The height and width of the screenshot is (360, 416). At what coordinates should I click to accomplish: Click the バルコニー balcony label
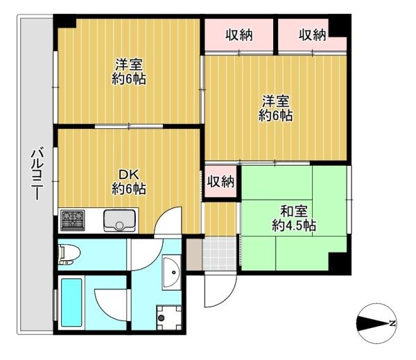37,173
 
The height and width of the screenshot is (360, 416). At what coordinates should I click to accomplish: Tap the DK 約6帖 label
129,182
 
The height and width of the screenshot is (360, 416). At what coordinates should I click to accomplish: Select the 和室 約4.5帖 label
294,218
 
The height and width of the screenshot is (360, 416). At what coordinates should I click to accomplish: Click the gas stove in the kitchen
72,220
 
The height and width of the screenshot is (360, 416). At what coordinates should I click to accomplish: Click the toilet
69,255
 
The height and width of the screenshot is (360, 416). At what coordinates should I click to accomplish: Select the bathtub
71,302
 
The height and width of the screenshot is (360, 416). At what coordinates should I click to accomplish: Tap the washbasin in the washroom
172,272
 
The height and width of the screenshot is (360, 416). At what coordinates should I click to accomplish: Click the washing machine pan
169,318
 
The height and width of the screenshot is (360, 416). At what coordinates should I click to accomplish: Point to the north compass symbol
376,323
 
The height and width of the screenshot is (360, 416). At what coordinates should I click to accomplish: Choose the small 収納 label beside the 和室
220,182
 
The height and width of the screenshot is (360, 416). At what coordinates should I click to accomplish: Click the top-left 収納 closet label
239,35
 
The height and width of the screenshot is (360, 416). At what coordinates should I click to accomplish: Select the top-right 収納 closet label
312,35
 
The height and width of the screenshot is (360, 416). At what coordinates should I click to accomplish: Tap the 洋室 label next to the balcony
129,71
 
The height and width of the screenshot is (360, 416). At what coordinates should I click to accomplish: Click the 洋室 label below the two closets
276,108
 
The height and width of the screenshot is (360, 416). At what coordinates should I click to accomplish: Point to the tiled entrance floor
219,254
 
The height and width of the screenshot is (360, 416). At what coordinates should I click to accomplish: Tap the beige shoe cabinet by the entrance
194,254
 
